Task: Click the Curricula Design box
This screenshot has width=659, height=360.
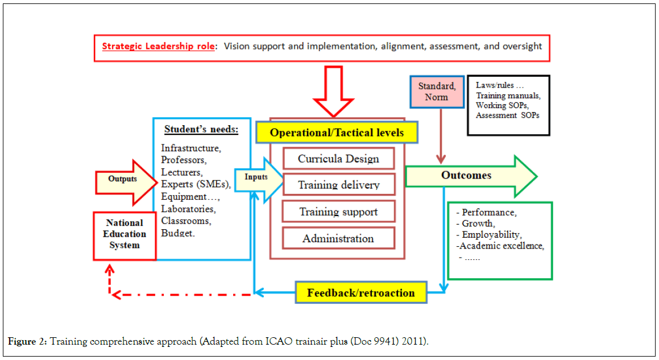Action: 338,158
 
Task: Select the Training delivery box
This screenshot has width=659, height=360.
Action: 338,185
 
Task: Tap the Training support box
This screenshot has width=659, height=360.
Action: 338,212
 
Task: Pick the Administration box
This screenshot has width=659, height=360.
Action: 338,238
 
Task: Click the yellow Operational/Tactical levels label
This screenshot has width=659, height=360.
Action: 337,133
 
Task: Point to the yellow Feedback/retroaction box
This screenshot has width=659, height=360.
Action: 360,293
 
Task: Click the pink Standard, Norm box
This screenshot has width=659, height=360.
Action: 436,91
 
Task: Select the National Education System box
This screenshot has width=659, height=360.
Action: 125,234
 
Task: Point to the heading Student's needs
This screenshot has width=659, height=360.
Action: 201,129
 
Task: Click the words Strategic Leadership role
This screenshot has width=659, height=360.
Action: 158,46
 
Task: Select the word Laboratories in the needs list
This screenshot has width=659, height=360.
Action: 188,209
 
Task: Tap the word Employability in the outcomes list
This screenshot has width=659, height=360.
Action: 491,235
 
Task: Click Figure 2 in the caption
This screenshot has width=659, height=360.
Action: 27,341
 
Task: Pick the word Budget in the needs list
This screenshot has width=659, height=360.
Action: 177,233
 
